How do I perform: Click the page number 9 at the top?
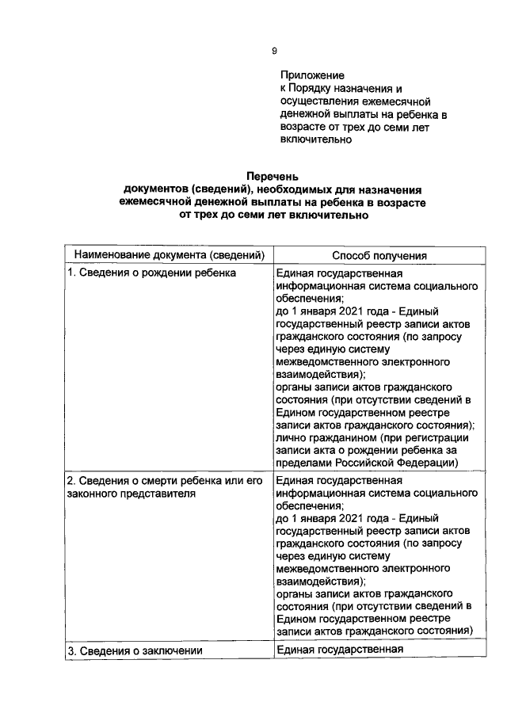tap(274, 51)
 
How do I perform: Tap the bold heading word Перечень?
tap(274, 177)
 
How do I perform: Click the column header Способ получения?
tap(379, 255)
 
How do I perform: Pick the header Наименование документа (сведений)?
tap(168, 255)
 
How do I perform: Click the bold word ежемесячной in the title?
tap(154, 203)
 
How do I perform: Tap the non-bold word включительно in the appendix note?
tap(316, 139)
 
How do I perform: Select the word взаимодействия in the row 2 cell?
tap(318, 581)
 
